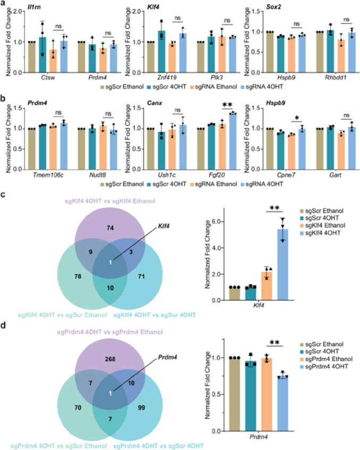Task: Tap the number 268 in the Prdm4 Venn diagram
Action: [110, 359]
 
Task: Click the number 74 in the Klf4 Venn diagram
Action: [110, 228]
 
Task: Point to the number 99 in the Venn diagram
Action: [141, 407]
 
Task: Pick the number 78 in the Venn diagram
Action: [78, 277]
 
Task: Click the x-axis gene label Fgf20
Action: [217, 175]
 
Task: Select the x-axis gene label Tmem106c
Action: [48, 175]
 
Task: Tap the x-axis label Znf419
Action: [167, 78]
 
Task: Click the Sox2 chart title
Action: [273, 6]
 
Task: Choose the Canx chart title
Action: [154, 103]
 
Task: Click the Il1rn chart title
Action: [34, 6]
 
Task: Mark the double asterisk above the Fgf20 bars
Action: [227, 105]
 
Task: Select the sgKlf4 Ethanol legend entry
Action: [322, 225]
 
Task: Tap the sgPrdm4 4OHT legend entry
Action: [324, 366]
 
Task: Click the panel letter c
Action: [3, 194]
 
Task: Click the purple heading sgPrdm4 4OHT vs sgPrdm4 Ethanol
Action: [110, 332]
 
